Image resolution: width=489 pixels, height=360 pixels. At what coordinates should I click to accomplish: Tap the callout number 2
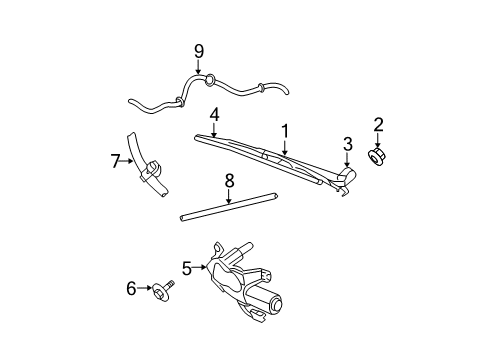pyautogui.click(x=379, y=124)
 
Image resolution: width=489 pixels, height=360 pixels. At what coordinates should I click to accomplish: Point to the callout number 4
pyautogui.click(x=214, y=114)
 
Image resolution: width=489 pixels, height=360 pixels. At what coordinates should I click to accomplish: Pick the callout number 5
pyautogui.click(x=187, y=267)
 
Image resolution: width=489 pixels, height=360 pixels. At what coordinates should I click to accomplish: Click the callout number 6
pyautogui.click(x=131, y=288)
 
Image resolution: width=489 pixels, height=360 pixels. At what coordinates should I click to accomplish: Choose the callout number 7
pyautogui.click(x=116, y=160)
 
